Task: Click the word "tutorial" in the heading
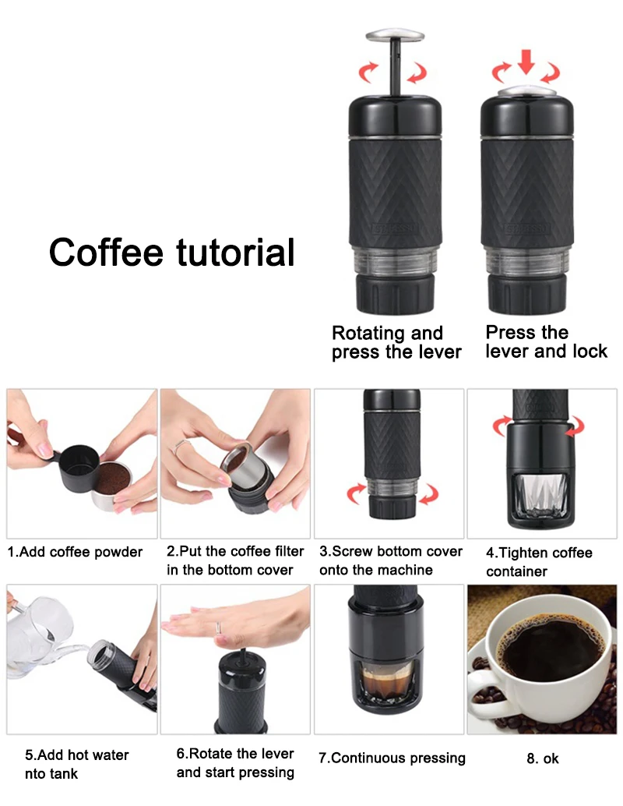[236, 253]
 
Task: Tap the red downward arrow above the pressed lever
[526, 62]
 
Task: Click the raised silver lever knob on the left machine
[395, 35]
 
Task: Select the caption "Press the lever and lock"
[547, 342]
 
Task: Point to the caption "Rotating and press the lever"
[396, 342]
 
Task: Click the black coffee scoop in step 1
[75, 467]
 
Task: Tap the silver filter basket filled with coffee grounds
[112, 484]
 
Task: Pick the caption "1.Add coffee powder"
[75, 552]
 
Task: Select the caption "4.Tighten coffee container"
[539, 562]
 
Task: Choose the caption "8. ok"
[542, 758]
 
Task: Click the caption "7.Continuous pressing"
[392, 758]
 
